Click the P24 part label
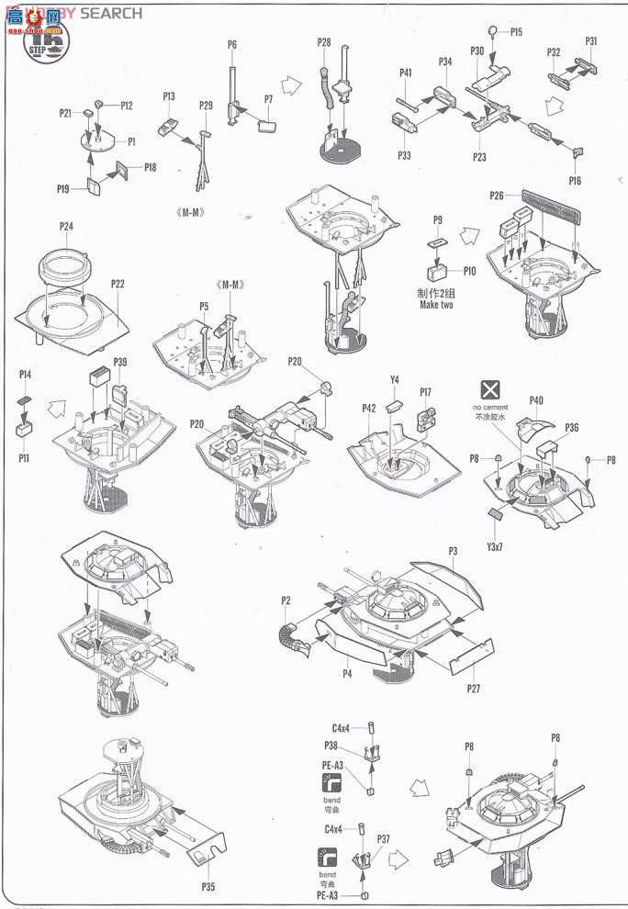[x=66, y=226]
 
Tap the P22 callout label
[x=118, y=284]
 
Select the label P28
[x=324, y=42]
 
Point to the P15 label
[x=517, y=32]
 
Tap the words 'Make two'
[x=434, y=304]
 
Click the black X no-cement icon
[x=489, y=388]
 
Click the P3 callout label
[x=453, y=551]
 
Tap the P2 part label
[x=286, y=600]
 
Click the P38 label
[x=331, y=746]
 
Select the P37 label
[x=383, y=838]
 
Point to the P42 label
[x=369, y=408]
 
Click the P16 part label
[x=574, y=181]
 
